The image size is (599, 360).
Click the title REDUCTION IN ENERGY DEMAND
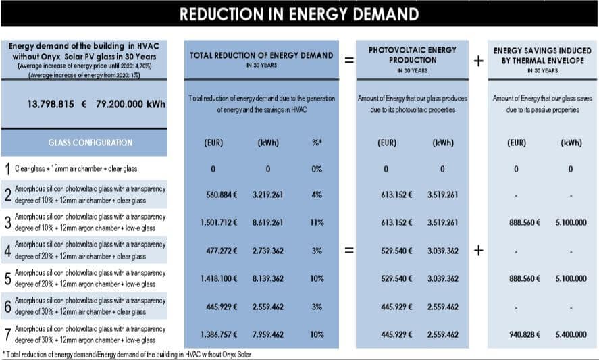click(299, 14)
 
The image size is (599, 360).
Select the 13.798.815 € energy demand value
click(57, 104)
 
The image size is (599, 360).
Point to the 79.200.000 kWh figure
click(130, 104)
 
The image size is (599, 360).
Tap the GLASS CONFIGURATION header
click(90, 143)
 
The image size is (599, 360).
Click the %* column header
click(317, 143)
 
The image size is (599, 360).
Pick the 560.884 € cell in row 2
click(222, 195)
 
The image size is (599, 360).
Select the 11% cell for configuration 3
click(317, 222)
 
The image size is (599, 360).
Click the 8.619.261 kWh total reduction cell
click(267, 222)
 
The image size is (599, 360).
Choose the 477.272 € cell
click(222, 251)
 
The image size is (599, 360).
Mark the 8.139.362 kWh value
click(267, 278)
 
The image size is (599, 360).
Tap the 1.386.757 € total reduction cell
click(219, 334)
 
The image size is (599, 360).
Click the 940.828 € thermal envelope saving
click(525, 334)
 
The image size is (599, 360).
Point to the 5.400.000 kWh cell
click(571, 334)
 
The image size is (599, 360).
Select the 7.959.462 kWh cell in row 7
click(267, 334)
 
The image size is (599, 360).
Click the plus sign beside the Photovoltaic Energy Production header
click(478, 61)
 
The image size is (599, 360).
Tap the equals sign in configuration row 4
click(349, 251)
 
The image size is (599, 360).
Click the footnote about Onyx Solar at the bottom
click(127, 355)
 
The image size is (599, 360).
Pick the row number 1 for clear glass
click(7, 169)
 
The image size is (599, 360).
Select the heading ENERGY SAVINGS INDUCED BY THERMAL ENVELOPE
click(542, 55)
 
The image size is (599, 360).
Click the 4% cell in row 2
click(317, 195)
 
